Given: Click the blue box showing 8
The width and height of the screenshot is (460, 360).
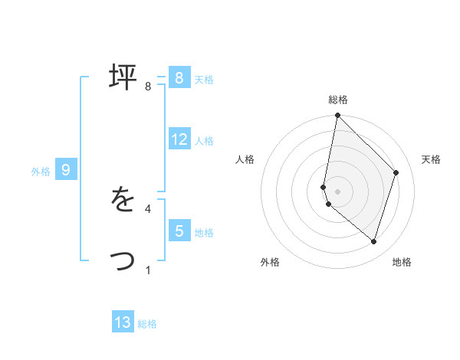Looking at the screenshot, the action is click(179, 78).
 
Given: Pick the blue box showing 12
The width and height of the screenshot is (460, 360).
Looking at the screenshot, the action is click(179, 139).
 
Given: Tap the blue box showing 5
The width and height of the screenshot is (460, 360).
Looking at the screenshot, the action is click(179, 231).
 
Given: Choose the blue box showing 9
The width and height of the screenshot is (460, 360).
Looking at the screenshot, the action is click(65, 170).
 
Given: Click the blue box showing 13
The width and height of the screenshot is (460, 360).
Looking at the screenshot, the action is click(123, 322).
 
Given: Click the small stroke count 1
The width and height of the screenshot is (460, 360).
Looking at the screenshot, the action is click(148, 270).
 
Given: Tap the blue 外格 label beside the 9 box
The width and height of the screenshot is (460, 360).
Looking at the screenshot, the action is click(41, 172).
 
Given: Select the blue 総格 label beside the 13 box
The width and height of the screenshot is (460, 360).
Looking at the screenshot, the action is click(147, 324).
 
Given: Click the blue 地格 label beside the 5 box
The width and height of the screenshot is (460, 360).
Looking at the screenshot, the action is click(204, 232).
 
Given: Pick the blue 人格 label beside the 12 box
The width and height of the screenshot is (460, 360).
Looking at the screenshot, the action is click(204, 141).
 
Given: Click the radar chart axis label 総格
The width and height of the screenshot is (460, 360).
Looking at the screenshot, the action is click(338, 100).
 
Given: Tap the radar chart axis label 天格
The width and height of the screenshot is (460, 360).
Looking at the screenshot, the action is click(431, 159).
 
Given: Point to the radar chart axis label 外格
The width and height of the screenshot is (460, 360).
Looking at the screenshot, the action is click(270, 262).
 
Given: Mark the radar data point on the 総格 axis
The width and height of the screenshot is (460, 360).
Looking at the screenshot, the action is click(337, 116).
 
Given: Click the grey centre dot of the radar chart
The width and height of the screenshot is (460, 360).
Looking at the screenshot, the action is click(337, 191).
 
